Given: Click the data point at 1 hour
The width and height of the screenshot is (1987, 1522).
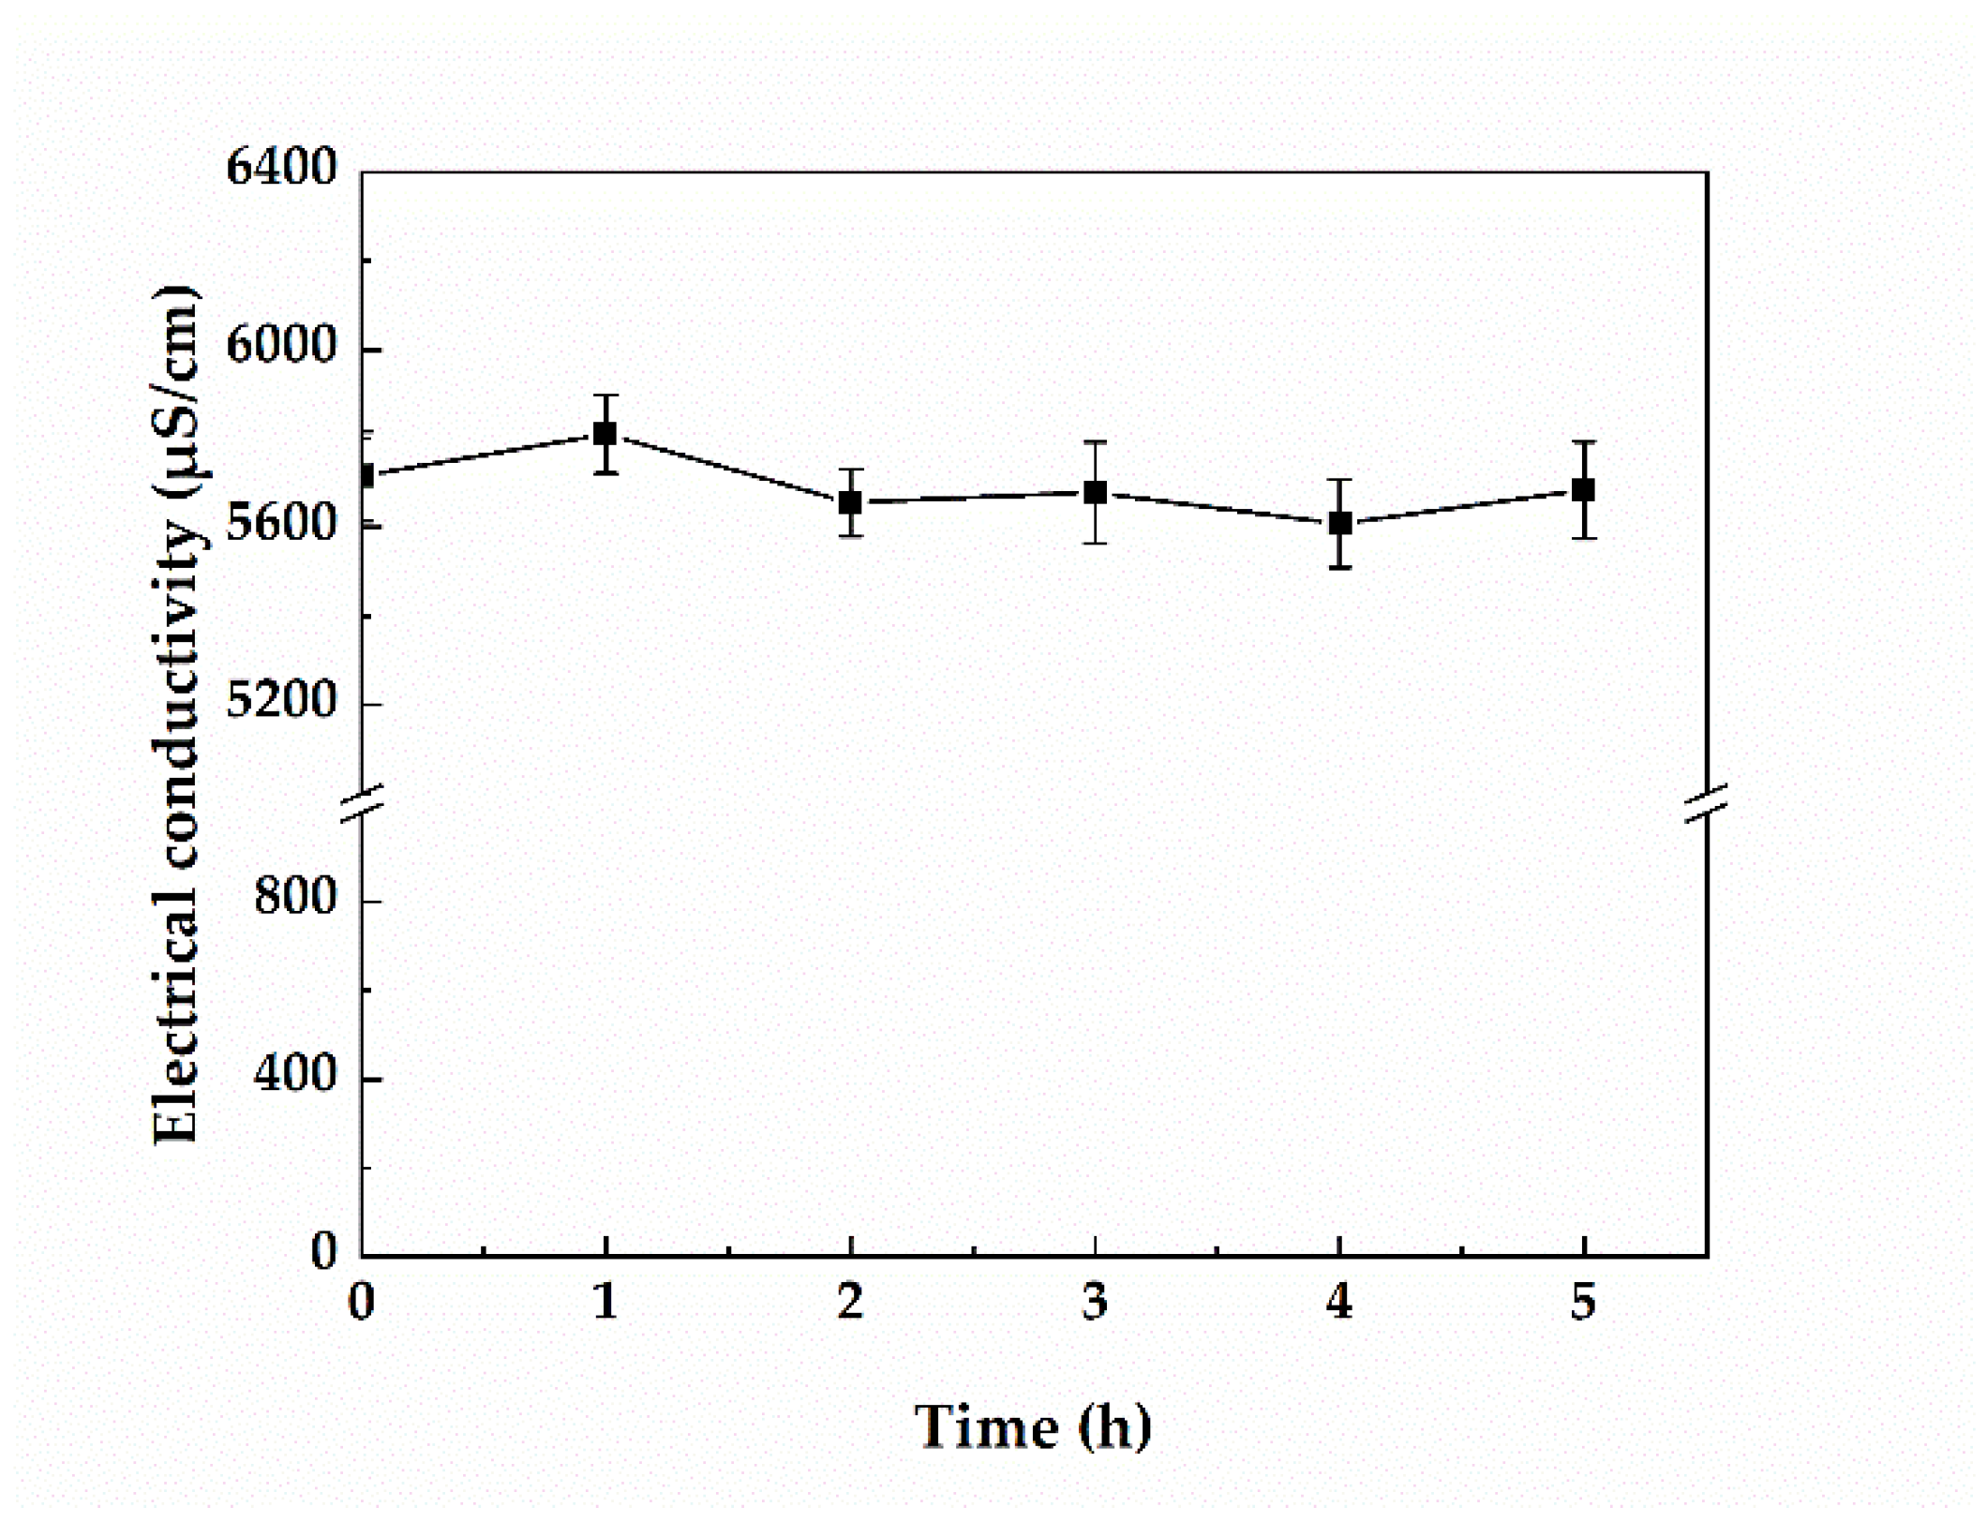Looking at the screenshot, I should (x=605, y=434).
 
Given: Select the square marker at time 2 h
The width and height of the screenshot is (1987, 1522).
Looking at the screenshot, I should (x=850, y=502).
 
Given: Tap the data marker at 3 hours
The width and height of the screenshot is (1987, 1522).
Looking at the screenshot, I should (x=1095, y=493).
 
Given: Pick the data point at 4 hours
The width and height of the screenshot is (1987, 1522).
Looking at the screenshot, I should (x=1339, y=523).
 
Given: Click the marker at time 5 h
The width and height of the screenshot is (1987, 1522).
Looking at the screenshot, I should (x=1583, y=489).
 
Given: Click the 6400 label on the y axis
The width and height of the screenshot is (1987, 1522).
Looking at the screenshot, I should (x=280, y=170).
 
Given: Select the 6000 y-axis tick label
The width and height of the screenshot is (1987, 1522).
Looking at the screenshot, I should (x=280, y=347).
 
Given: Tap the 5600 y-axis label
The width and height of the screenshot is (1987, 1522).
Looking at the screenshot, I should (x=280, y=524).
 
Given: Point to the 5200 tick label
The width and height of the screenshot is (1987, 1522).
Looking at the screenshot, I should (x=280, y=701).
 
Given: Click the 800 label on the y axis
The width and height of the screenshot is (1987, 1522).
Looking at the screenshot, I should (x=294, y=898).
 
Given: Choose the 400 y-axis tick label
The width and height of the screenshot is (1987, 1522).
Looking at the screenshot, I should (x=294, y=1075).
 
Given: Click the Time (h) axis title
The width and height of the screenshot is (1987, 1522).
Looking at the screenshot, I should (x=1033, y=1427).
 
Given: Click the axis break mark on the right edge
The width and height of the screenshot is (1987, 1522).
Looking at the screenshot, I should (x=1706, y=803).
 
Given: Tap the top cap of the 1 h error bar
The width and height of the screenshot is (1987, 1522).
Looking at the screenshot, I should (x=605, y=395).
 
